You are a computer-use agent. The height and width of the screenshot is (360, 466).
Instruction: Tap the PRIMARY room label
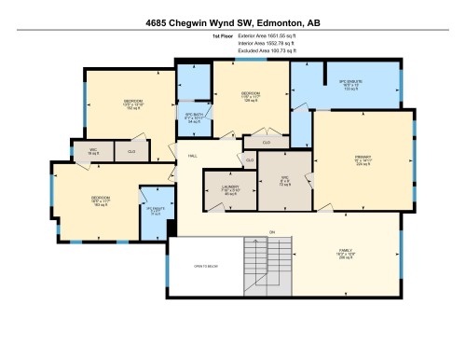(x=363, y=159)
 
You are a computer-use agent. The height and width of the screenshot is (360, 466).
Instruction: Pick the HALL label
(x=192, y=155)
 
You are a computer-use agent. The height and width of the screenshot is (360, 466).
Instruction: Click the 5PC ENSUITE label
(x=349, y=83)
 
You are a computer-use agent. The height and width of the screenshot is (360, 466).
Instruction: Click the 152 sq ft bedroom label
(x=133, y=104)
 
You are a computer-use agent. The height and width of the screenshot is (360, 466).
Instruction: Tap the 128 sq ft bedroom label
(x=250, y=96)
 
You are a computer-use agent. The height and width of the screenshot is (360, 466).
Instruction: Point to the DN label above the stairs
(x=272, y=231)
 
